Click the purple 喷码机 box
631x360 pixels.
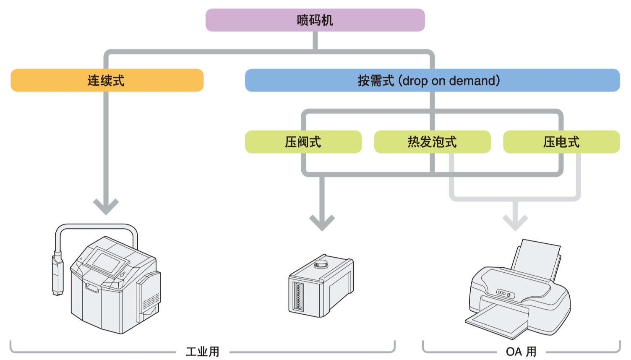point(315,20)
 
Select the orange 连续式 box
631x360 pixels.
point(107,80)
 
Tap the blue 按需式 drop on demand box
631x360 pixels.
point(432,80)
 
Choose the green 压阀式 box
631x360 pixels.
point(303,142)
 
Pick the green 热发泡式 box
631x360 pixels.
point(432,142)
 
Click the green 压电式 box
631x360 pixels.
point(561,142)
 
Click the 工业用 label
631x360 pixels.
point(203,352)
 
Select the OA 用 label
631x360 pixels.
point(521,352)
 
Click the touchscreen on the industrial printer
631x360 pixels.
point(107,261)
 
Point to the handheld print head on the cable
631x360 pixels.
point(57,275)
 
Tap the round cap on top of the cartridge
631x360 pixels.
point(321,264)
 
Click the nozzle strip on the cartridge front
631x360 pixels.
point(298,296)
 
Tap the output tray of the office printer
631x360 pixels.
point(497,321)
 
